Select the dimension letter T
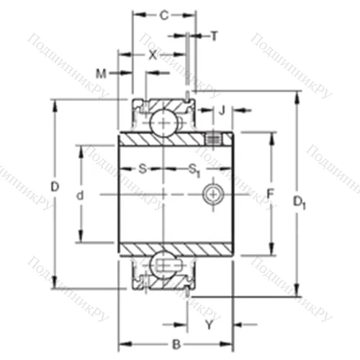214,35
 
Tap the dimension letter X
152,54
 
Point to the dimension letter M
101,73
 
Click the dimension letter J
222,110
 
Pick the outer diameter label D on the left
54,187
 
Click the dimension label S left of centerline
142,169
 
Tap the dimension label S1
194,170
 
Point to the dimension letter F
271,194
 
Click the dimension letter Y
209,325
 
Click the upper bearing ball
165,121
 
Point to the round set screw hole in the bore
213,194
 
